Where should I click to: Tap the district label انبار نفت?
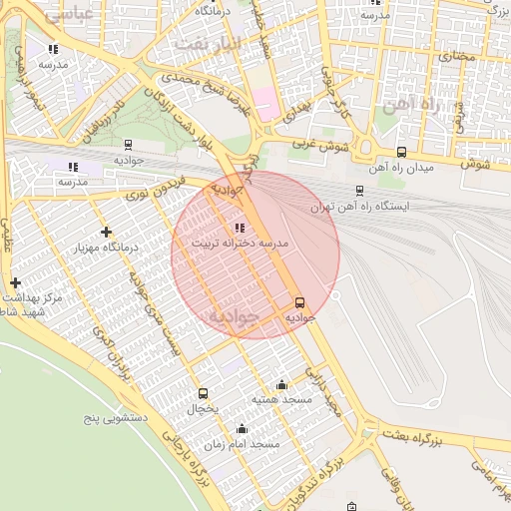(x=208, y=44)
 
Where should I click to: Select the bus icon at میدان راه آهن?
(x=401, y=153)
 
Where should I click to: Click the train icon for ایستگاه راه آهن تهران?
(x=359, y=190)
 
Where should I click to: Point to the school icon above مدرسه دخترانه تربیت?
(x=238, y=228)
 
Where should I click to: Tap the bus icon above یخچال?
(x=204, y=393)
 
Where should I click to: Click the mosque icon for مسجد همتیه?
(x=281, y=385)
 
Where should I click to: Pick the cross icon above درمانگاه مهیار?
(x=106, y=233)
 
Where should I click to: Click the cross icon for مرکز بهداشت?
(x=15, y=283)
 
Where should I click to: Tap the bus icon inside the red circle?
(x=299, y=302)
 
